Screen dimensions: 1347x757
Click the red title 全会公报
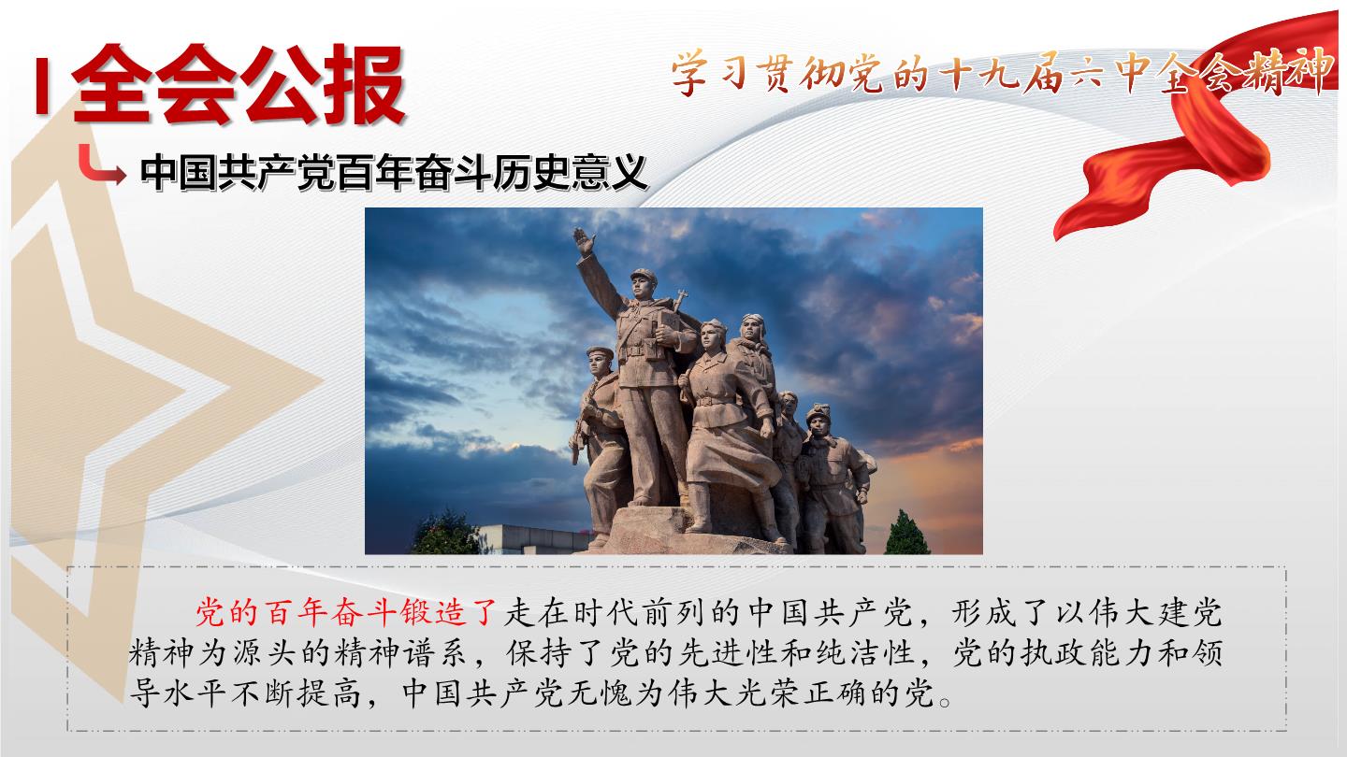click(x=239, y=84)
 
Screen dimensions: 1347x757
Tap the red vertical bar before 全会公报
click(x=41, y=86)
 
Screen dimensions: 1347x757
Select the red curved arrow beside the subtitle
click(x=101, y=164)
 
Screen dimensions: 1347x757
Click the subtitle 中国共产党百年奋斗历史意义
click(x=394, y=173)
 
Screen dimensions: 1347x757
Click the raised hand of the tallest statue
click(x=584, y=241)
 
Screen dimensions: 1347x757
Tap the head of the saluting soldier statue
click(x=643, y=283)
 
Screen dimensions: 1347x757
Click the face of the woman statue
click(x=714, y=336)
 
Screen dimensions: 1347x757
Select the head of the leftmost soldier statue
click(x=600, y=361)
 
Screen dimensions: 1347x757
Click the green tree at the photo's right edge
click(x=906, y=533)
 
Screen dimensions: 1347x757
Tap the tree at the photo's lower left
click(x=446, y=533)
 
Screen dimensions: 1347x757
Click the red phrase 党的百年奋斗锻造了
click(x=346, y=613)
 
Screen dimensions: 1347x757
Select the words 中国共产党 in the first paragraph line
click(x=831, y=613)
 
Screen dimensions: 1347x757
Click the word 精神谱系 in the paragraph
click(x=400, y=653)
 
